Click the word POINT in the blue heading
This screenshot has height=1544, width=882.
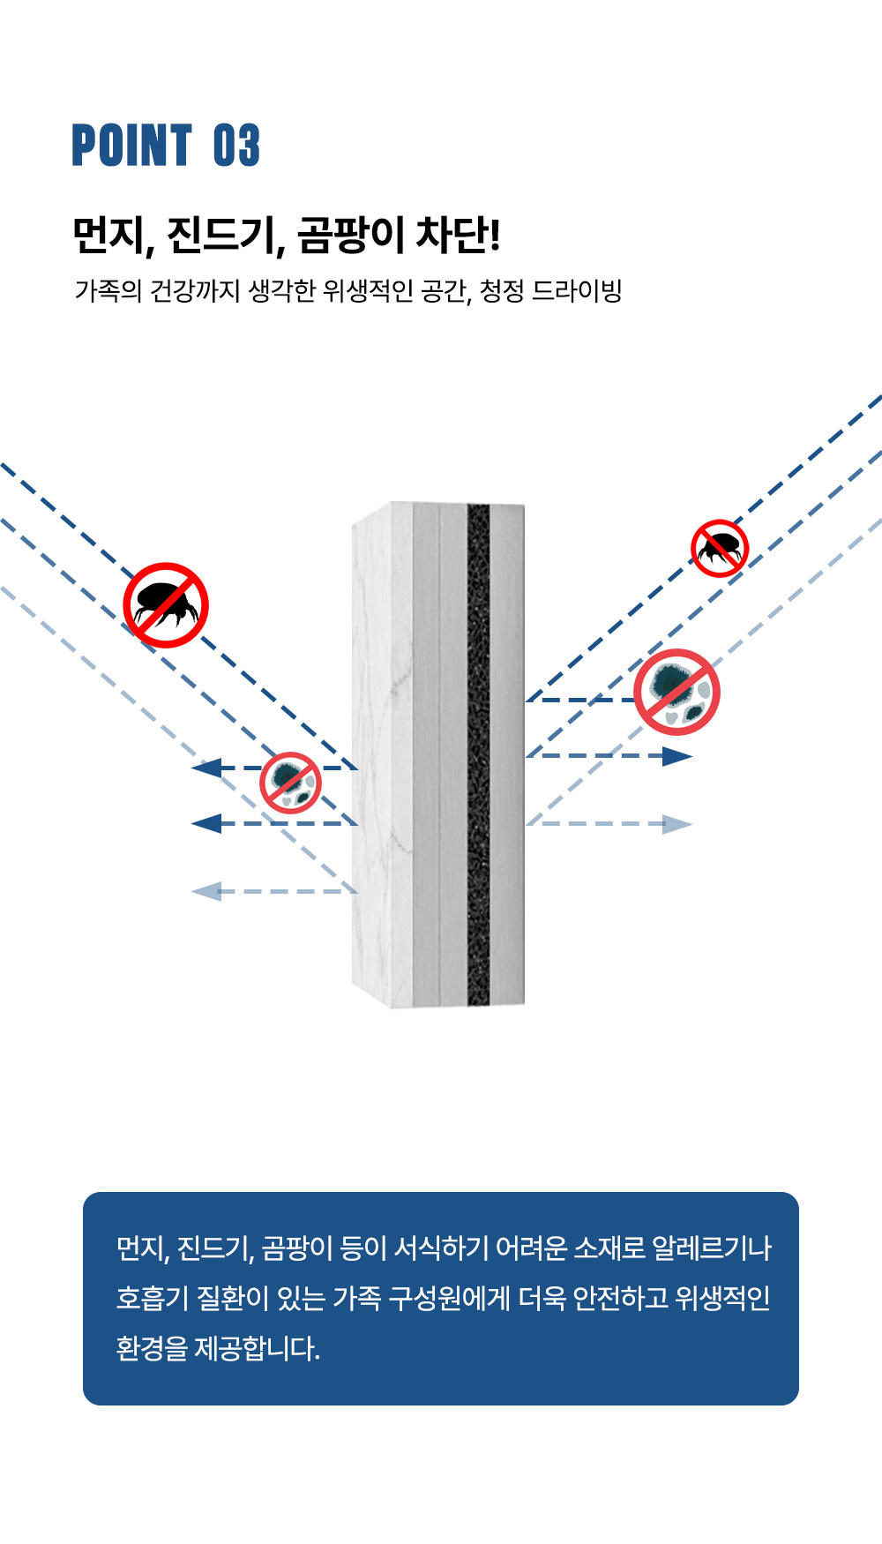tap(132, 146)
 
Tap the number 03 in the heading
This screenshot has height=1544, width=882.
tap(236, 146)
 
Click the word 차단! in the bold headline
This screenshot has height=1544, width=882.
tap(458, 235)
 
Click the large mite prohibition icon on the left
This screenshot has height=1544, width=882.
tap(166, 605)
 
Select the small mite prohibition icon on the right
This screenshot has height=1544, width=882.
tap(720, 549)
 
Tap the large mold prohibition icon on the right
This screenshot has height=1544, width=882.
tap(677, 693)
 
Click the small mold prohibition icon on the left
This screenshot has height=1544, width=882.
tap(290, 783)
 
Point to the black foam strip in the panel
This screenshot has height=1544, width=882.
tap(478, 754)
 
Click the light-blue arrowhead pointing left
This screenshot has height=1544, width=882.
tap(206, 891)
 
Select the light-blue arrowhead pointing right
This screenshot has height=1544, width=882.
tap(677, 824)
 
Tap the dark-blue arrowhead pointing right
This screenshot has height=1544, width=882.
tap(677, 756)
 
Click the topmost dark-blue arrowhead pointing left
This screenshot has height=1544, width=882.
tap(206, 768)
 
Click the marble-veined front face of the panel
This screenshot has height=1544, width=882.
tap(383, 755)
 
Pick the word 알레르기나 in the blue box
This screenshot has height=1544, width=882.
tap(712, 1248)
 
